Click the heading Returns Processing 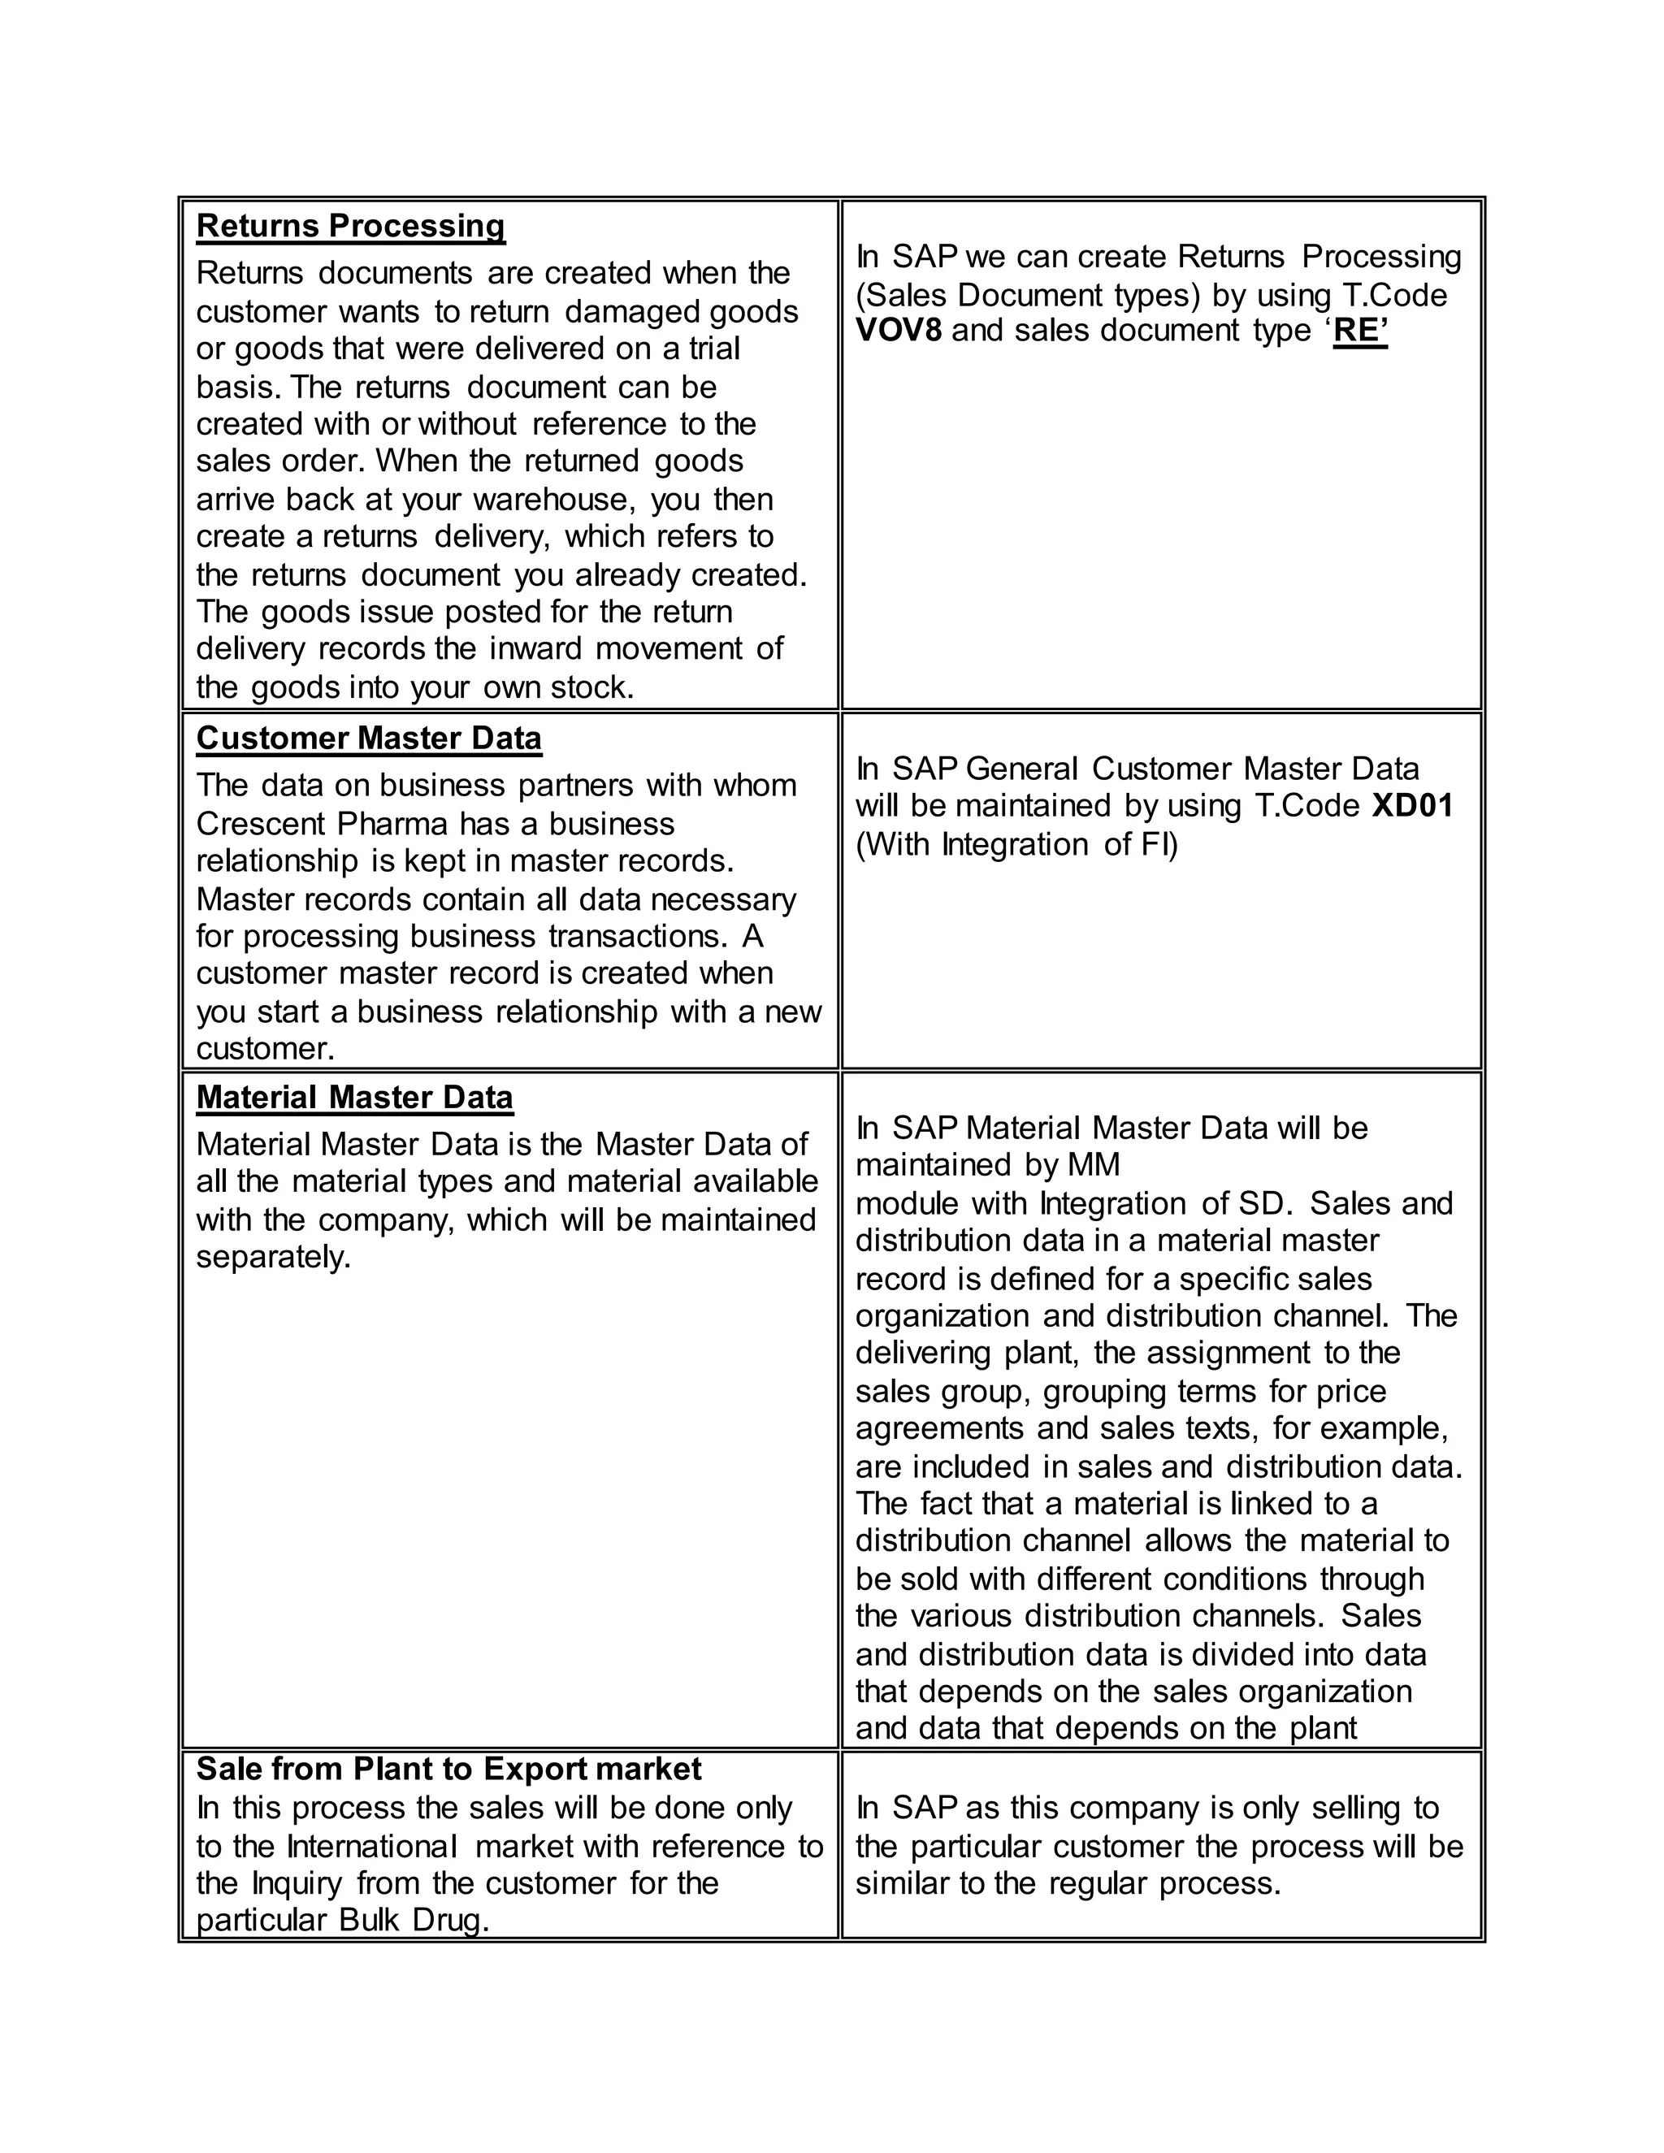click(x=350, y=226)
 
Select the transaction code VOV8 click(x=898, y=330)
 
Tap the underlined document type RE click(x=1359, y=330)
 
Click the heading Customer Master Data click(x=369, y=739)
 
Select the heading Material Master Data click(x=354, y=1097)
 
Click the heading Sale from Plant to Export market click(x=448, y=1770)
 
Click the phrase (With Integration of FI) click(x=1016, y=845)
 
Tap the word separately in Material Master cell click(x=273, y=1258)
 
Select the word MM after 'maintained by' click(x=1094, y=1165)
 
